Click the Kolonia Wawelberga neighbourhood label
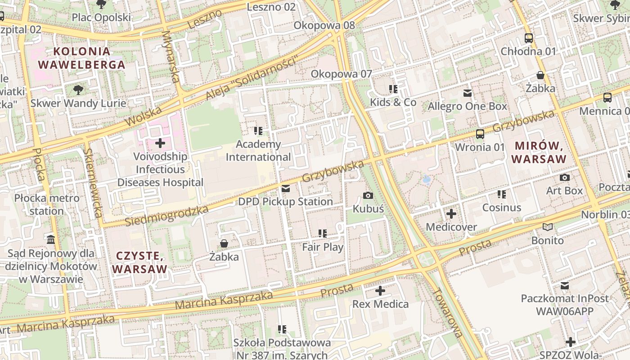click(x=81, y=58)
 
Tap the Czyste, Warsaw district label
click(x=139, y=262)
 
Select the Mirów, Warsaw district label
click(x=539, y=152)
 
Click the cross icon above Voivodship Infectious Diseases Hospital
click(x=160, y=144)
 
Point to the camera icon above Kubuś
click(x=368, y=195)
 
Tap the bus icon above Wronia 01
click(x=480, y=134)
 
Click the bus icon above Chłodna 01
click(x=529, y=38)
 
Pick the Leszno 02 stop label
click(x=271, y=7)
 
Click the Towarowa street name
click(x=447, y=313)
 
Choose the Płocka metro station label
click(x=47, y=204)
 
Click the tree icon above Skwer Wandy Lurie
click(x=78, y=90)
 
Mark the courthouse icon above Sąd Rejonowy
click(x=51, y=239)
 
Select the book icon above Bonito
click(x=548, y=227)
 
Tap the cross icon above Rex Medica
click(x=380, y=291)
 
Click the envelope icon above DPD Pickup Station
click(x=285, y=188)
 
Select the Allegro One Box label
click(x=467, y=106)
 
